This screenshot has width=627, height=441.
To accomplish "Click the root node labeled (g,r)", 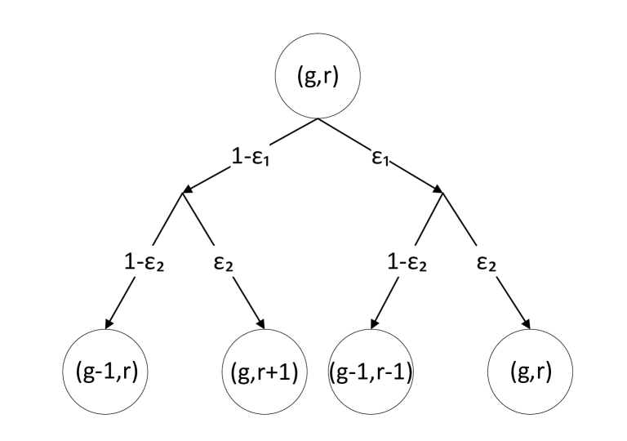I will tap(318, 78).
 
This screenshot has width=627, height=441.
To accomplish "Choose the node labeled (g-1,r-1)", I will tap(371, 372).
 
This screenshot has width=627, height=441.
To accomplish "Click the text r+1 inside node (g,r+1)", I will tap(278, 373).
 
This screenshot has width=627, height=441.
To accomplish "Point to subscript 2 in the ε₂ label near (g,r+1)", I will tap(229, 267).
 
